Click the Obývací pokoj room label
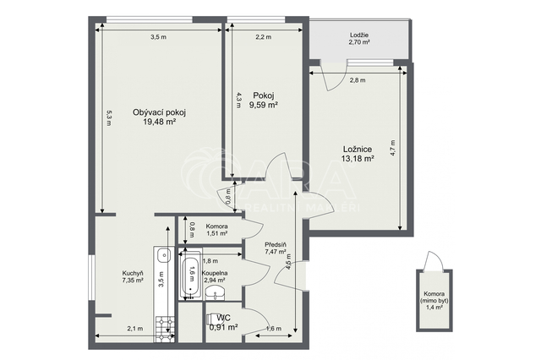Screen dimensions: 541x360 tap(160, 112)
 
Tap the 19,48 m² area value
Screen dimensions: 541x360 tap(160, 122)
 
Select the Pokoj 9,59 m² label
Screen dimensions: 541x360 tap(264, 101)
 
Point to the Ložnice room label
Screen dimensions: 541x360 tap(358, 150)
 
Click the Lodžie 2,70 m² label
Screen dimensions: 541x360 tap(359, 39)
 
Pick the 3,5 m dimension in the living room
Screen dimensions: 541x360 tap(159, 37)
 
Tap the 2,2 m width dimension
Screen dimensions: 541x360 tap(263, 37)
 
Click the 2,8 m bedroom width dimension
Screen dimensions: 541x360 tap(358, 80)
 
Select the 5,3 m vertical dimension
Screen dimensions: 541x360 tap(109, 118)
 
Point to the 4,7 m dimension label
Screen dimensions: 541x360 tap(393, 148)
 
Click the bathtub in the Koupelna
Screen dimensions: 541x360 tap(189, 275)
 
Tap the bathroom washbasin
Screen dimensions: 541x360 tap(216, 292)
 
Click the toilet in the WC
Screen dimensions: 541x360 tap(210, 319)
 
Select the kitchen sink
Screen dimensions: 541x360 tap(163, 256)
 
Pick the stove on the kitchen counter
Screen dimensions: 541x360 tap(166, 330)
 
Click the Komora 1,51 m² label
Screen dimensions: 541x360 tap(216, 230)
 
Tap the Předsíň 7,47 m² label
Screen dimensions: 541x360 tap(276, 248)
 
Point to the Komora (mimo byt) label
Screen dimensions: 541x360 tap(434, 300)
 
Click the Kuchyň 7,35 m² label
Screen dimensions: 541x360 tap(133, 276)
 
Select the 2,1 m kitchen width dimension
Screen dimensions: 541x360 tap(135, 329)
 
